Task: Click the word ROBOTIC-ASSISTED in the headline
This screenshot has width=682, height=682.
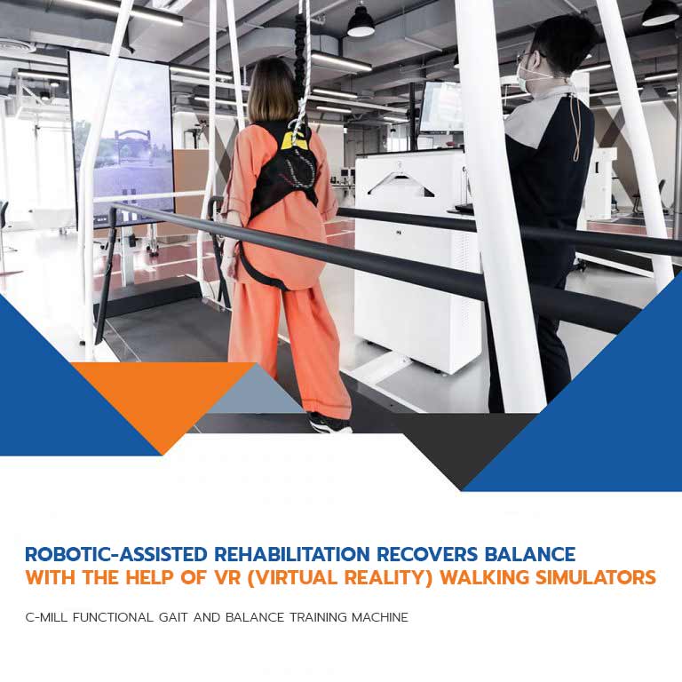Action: (x=116, y=554)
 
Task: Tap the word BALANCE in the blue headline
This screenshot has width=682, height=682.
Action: (x=530, y=554)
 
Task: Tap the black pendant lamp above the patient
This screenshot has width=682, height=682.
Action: (x=361, y=22)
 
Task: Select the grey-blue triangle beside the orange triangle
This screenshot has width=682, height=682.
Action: (x=257, y=391)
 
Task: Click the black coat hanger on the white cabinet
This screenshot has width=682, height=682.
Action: (x=400, y=184)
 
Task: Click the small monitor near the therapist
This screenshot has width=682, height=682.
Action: (x=441, y=107)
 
